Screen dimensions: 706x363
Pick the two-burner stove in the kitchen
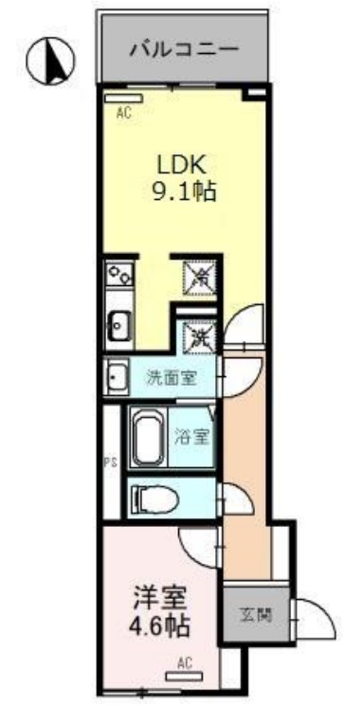click(120, 277)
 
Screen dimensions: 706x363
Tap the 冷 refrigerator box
click(201, 277)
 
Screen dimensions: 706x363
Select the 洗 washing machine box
click(201, 334)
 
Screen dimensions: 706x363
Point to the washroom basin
click(115, 379)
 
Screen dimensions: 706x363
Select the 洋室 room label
click(159, 599)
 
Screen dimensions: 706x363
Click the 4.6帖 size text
click(159, 626)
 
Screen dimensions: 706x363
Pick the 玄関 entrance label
click(256, 615)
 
